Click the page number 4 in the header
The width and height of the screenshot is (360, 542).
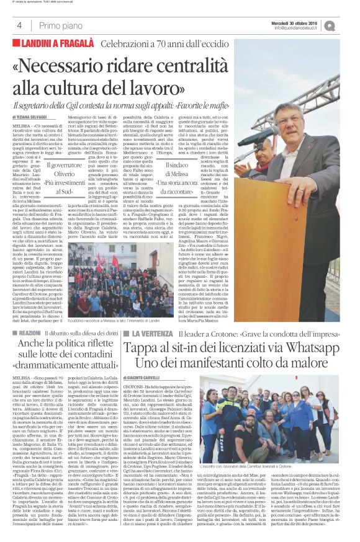click(19, 25)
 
